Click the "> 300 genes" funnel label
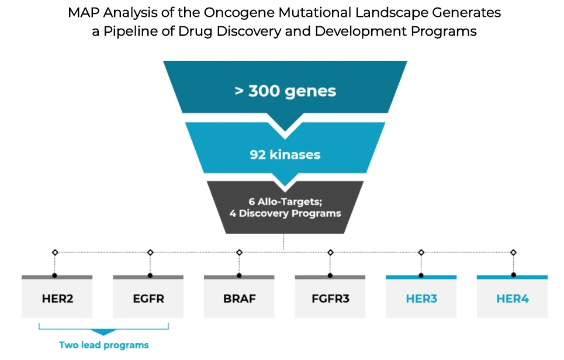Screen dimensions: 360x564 [x=285, y=91]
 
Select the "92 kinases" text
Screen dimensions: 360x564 [x=285, y=155]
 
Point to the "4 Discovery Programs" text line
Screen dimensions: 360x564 [x=285, y=213]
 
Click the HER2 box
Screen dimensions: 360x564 [x=57, y=299]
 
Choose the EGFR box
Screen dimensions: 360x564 [x=148, y=299]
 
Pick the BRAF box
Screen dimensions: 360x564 [x=240, y=299]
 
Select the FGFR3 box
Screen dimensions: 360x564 [x=330, y=299]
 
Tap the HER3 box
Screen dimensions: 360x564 [x=421, y=299]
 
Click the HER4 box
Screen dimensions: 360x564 [x=513, y=299]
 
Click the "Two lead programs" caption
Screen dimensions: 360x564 [x=104, y=345]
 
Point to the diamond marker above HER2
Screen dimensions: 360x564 [x=55, y=252]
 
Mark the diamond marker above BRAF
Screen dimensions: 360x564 [x=239, y=252]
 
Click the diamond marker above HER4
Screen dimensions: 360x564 [x=514, y=252]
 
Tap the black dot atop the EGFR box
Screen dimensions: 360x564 [x=150, y=275]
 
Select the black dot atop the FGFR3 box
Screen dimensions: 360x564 [x=330, y=275]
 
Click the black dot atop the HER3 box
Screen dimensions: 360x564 [x=421, y=275]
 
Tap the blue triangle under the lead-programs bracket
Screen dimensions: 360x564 [x=103, y=332]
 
